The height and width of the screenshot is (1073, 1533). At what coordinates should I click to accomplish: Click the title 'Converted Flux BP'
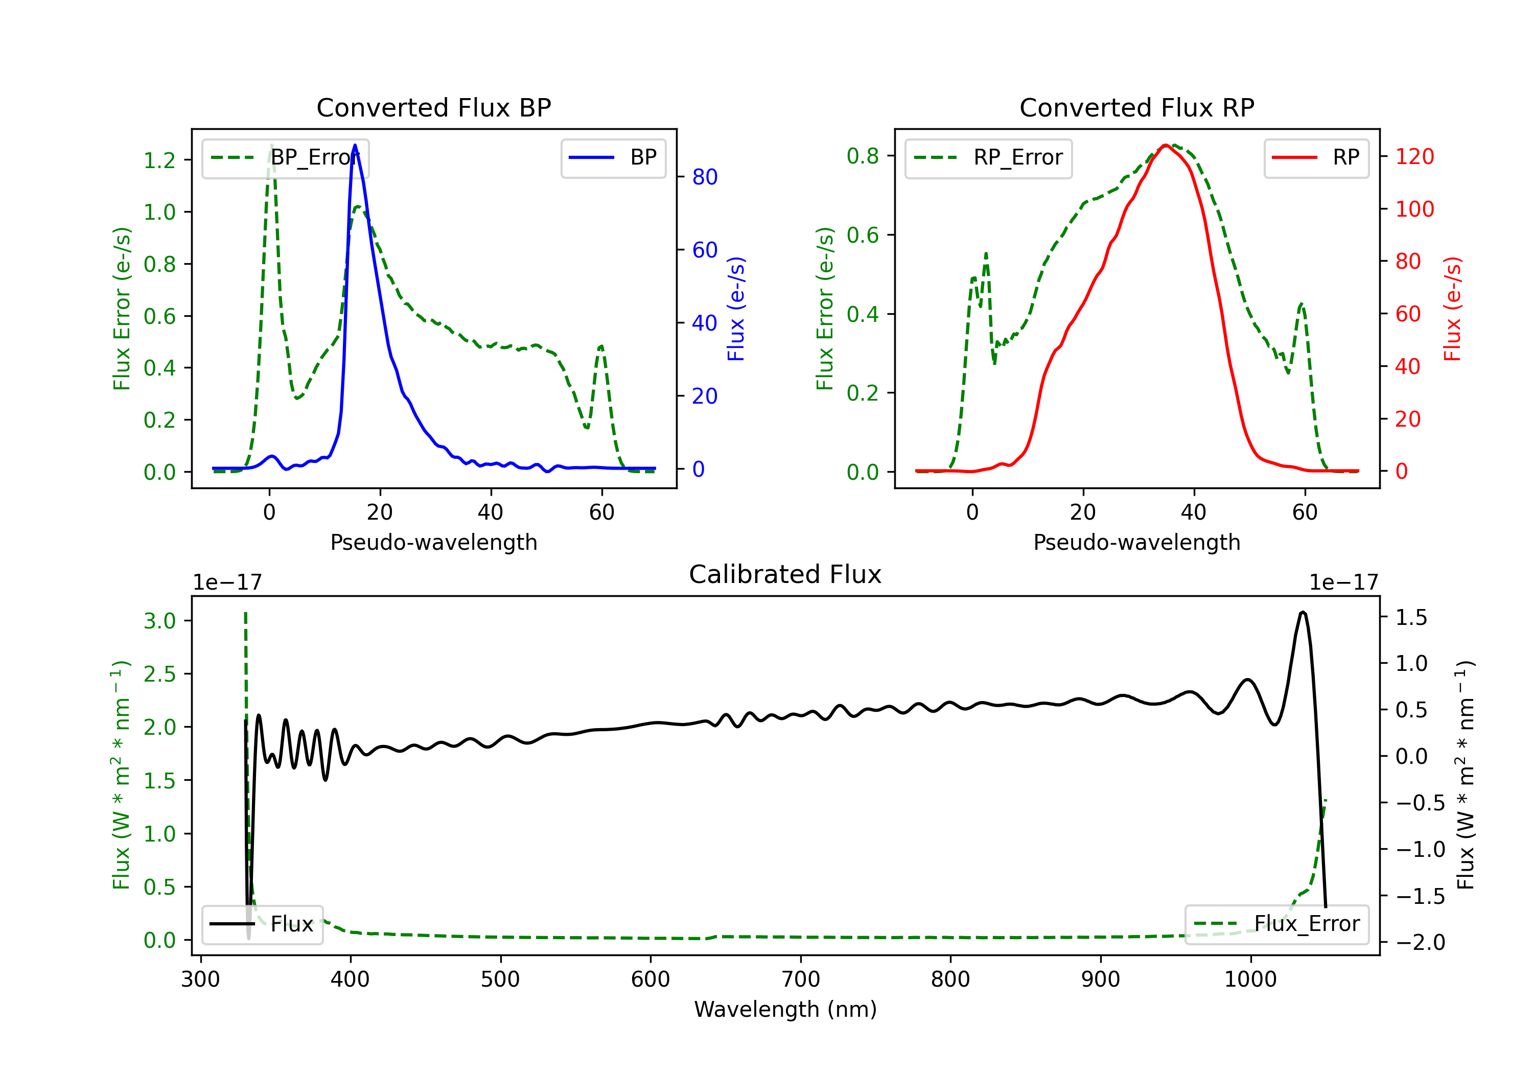[x=433, y=107]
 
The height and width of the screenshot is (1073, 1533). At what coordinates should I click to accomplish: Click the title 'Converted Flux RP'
[x=1136, y=107]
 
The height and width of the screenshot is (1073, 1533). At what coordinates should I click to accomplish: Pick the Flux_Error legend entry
[x=1276, y=924]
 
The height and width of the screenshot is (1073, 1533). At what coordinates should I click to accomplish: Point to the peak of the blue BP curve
[x=355, y=145]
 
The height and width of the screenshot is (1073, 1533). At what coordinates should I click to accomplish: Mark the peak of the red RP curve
[x=1165, y=145]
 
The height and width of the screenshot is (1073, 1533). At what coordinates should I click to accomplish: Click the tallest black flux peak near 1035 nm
[x=1303, y=612]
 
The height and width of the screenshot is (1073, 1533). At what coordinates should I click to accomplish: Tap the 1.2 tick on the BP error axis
[x=159, y=160]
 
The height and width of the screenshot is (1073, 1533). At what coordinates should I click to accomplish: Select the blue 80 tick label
[x=704, y=177]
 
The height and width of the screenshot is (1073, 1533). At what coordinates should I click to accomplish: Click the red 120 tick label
[x=1414, y=157]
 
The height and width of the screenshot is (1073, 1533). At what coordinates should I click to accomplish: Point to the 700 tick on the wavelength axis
[x=800, y=979]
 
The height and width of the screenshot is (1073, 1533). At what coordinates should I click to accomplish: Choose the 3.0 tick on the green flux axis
[x=159, y=621]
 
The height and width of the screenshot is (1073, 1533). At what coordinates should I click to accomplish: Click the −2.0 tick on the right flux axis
[x=1420, y=942]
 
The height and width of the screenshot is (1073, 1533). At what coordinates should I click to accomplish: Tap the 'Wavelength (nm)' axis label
[x=785, y=1010]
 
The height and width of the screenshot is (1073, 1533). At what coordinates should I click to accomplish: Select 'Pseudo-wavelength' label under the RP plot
[x=1136, y=542]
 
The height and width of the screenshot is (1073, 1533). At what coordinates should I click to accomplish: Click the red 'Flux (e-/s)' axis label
[x=1452, y=309]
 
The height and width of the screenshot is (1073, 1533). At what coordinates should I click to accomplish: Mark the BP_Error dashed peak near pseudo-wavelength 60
[x=601, y=346]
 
